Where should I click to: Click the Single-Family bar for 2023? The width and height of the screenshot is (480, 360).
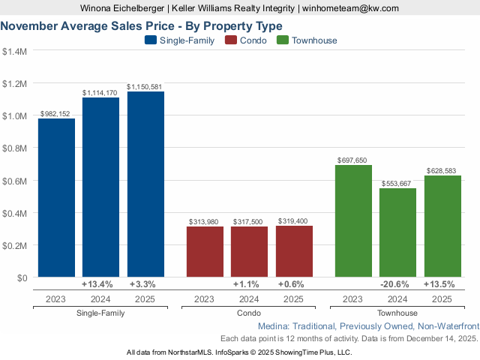56,198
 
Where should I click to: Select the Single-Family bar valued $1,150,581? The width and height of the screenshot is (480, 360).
145,184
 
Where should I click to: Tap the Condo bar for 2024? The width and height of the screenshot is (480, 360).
250,252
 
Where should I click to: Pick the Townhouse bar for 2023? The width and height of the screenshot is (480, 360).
353,221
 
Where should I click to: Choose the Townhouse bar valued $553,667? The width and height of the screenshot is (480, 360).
397,233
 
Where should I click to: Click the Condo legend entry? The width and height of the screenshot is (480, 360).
247,40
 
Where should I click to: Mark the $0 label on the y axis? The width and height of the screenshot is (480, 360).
21,278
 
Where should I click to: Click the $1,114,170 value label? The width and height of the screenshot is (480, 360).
100,92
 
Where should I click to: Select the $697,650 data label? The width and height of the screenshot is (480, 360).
353,160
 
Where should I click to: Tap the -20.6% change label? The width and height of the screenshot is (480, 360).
397,285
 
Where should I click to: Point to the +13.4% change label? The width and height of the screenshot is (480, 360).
97,285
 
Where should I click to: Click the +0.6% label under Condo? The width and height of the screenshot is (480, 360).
294,285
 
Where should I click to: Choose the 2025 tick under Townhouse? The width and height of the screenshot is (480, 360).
442,299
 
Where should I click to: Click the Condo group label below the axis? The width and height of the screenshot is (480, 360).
249,313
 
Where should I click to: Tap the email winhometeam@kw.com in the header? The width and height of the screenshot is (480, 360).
351,8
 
